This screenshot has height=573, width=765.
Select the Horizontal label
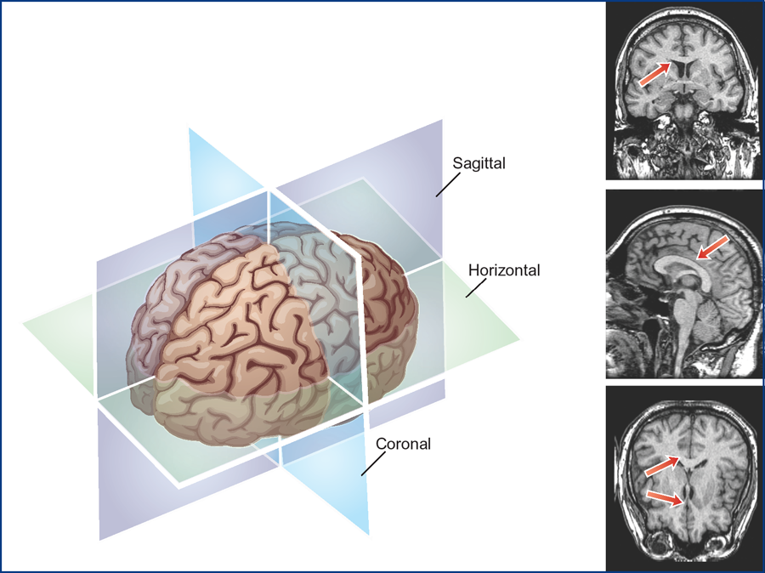[504, 270]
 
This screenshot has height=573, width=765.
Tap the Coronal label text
[404, 443]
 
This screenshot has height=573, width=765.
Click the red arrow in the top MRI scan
[654, 74]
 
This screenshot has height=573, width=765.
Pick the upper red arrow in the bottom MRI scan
[662, 467]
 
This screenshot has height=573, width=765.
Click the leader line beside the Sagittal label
[445, 184]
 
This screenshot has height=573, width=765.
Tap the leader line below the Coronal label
[373, 462]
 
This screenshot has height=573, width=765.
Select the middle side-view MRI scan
[684, 283]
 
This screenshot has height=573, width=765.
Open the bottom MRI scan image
[684, 478]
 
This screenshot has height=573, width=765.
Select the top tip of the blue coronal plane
[190, 130]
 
